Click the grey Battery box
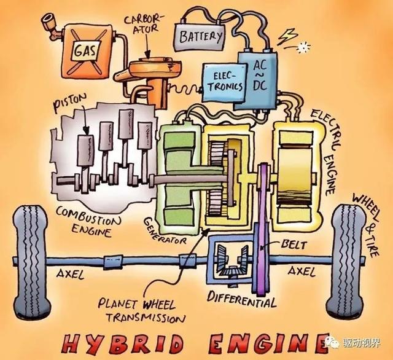click(200, 37)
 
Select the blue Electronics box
click(224, 82)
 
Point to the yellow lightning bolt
click(287, 36)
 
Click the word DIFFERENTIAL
click(241, 299)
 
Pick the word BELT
click(294, 245)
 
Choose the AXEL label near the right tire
click(302, 271)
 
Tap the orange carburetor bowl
click(155, 68)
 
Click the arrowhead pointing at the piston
click(86, 131)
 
